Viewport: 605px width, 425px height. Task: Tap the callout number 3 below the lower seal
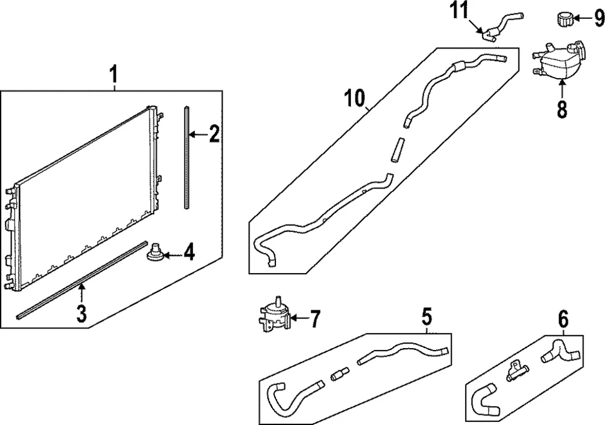click(x=81, y=312)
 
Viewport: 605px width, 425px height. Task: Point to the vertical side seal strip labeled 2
click(x=187, y=158)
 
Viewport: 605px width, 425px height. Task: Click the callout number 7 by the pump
click(x=314, y=318)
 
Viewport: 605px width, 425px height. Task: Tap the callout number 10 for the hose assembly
click(x=355, y=99)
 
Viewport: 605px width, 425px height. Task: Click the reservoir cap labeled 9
click(x=563, y=19)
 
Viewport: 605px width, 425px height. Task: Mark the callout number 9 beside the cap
click(x=599, y=18)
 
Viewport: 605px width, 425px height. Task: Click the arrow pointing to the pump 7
click(x=296, y=318)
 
